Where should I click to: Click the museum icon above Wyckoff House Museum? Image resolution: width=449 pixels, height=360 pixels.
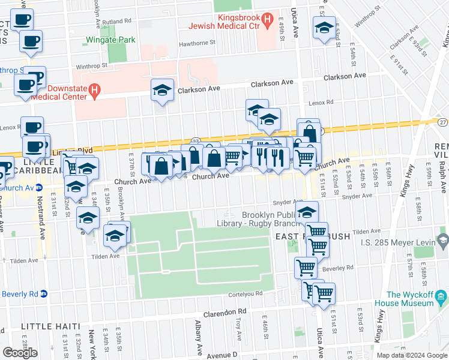pyautogui.click(x=441, y=296)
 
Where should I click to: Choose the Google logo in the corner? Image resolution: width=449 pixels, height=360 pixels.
pyautogui.click(x=20, y=353)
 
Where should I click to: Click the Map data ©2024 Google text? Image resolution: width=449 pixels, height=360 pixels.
pyautogui.click(x=412, y=355)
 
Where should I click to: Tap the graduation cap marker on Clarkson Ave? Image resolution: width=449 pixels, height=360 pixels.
pyautogui.click(x=162, y=90)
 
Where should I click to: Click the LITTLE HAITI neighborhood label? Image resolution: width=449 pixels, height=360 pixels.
pyautogui.click(x=50, y=326)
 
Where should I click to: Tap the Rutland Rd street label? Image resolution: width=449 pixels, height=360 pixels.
pyautogui.click(x=116, y=22)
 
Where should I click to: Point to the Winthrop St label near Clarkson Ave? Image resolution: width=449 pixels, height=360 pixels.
pyautogui.click(x=91, y=66)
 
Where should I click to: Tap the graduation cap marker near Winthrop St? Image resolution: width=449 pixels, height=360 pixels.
pyautogui.click(x=324, y=29)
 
